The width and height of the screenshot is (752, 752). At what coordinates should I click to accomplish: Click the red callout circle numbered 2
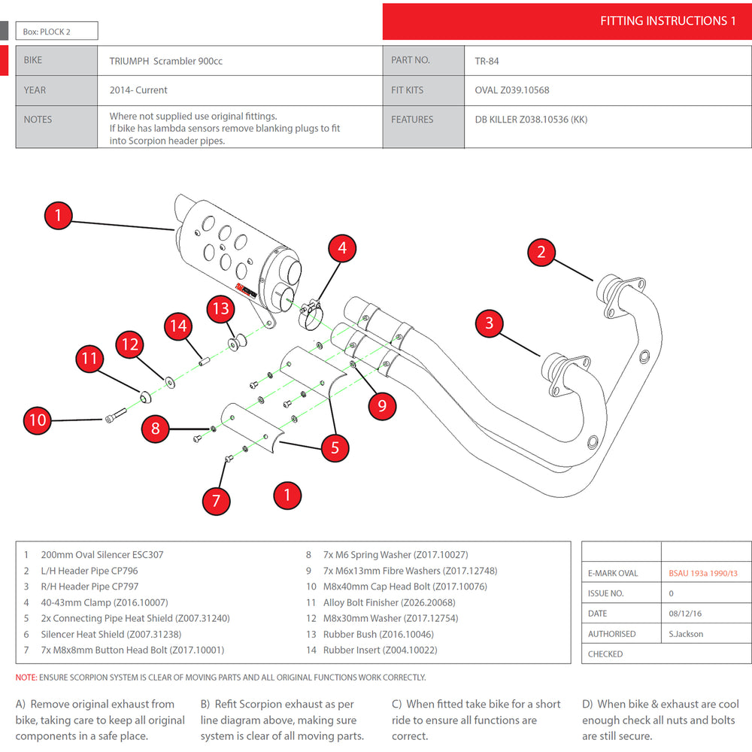tap(541, 252)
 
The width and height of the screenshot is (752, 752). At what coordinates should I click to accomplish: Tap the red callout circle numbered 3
tap(490, 323)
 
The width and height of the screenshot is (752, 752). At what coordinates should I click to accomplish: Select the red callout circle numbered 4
tap(342, 247)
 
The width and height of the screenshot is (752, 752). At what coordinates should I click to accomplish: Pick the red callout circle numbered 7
tap(217, 500)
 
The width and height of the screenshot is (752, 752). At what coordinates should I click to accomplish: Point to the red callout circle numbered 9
tap(382, 406)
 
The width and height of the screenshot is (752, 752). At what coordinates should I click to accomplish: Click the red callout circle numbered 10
tap(38, 420)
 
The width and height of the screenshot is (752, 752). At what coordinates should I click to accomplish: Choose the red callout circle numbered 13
tap(220, 308)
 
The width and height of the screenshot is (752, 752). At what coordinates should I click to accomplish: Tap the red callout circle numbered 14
tap(178, 326)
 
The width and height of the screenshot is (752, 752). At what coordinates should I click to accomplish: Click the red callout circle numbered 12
tap(131, 344)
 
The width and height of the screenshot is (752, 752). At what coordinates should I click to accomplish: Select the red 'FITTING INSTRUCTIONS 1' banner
tap(567, 21)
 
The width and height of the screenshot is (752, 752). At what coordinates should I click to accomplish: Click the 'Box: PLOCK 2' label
tap(56, 31)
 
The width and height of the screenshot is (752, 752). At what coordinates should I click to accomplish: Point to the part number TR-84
tap(487, 61)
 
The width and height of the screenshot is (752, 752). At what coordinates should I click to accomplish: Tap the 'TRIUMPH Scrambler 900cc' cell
tap(165, 61)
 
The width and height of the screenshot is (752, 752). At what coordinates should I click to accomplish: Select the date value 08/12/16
tap(685, 614)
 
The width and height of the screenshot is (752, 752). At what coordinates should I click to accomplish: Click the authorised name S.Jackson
tap(686, 634)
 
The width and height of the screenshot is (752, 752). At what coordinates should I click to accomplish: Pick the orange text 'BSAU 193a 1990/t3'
tap(703, 573)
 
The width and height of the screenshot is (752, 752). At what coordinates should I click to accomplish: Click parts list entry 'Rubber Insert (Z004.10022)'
tap(380, 650)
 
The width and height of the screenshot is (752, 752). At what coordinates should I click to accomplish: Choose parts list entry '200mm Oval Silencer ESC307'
tap(102, 555)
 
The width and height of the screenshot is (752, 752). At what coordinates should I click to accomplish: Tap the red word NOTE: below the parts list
tap(26, 678)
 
